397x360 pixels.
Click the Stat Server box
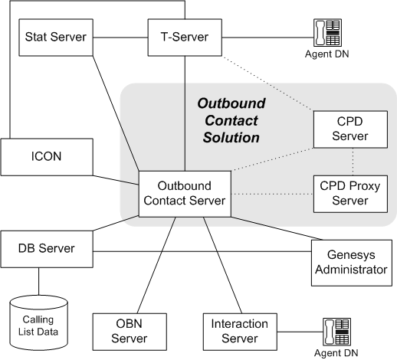pyautogui.click(x=56, y=38)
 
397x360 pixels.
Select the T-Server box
pyautogui.click(x=185, y=38)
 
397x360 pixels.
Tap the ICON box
pyautogui.click(x=47, y=157)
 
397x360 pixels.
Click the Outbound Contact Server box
pyautogui.click(x=185, y=194)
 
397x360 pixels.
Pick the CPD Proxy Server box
pyautogui.click(x=350, y=194)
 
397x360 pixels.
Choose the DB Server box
pyautogui.click(x=47, y=249)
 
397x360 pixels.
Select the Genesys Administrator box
pyautogui.click(x=352, y=263)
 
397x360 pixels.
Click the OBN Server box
pyautogui.click(x=130, y=332)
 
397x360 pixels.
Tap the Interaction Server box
pyautogui.click(x=240, y=332)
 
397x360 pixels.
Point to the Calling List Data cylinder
pyautogui.click(x=39, y=323)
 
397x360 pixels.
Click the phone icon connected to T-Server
pyautogui.click(x=327, y=33)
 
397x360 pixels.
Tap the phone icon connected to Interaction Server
pyautogui.click(x=336, y=332)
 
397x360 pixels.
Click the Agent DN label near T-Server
pyautogui.click(x=327, y=54)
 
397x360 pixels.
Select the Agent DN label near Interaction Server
pyautogui.click(x=336, y=353)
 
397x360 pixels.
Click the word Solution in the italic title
pyautogui.click(x=231, y=138)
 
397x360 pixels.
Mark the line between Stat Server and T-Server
pyautogui.click(x=120, y=38)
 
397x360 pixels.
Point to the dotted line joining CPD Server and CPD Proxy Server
pyautogui.click(x=353, y=162)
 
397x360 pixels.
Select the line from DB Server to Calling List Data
pyautogui.click(x=39, y=281)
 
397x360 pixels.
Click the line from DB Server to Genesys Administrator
pyautogui.click(x=202, y=252)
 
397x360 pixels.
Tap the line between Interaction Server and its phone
pyautogui.click(x=300, y=332)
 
